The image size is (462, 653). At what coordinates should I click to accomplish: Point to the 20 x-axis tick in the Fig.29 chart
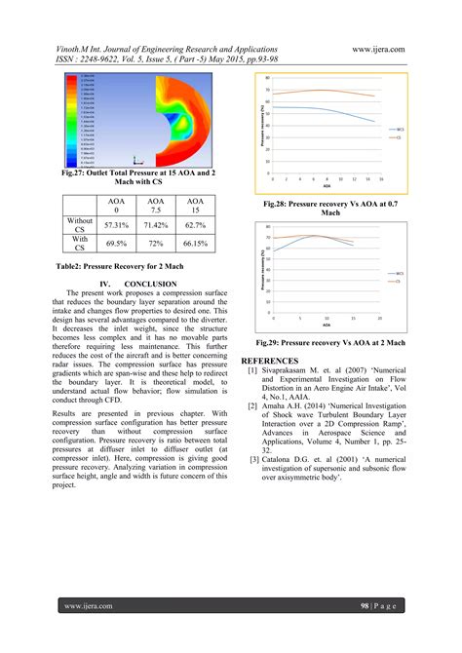[378, 321]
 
